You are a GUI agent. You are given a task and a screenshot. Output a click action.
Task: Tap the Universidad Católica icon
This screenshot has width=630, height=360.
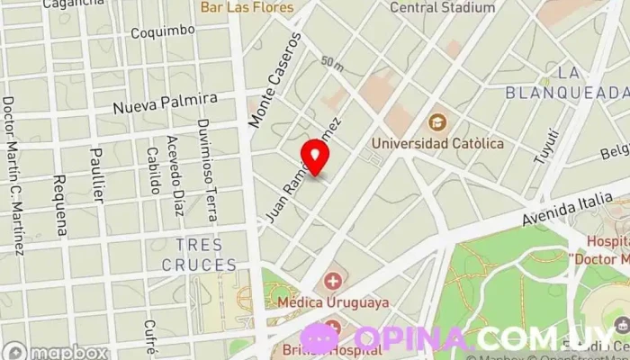click(437, 121)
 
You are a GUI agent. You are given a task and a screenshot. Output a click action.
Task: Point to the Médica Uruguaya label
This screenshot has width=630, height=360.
click(334, 301)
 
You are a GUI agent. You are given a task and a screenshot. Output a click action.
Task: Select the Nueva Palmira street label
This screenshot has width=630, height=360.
click(165, 103)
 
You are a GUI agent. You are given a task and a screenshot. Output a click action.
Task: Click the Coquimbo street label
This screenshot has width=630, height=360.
click(163, 31)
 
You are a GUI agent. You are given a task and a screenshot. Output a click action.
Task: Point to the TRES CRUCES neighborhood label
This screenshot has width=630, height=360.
click(198, 255)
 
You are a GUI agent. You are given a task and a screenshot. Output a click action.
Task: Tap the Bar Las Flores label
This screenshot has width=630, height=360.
click(247, 8)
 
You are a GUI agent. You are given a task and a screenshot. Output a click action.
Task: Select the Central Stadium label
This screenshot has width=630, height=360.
click(442, 8)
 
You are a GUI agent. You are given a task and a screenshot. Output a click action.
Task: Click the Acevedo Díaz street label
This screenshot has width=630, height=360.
click(176, 176)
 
